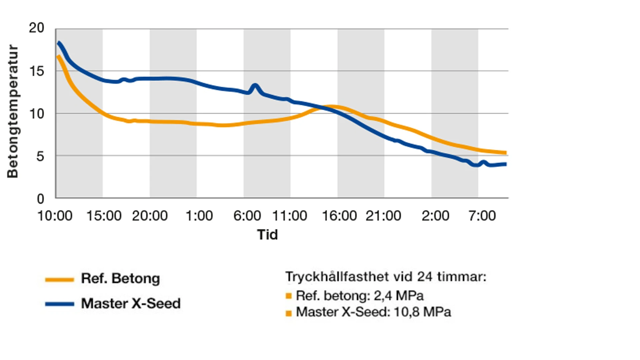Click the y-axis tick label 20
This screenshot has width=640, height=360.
click(x=36, y=28)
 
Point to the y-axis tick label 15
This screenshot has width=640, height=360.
click(x=36, y=71)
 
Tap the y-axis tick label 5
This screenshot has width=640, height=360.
click(x=40, y=156)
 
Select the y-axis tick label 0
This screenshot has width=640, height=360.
click(x=40, y=199)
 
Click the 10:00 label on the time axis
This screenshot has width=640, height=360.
click(x=55, y=216)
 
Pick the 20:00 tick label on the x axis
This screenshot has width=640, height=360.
click(x=150, y=216)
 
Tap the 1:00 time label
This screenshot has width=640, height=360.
click(x=199, y=216)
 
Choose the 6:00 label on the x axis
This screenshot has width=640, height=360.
click(x=247, y=216)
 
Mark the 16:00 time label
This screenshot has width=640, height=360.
click(x=339, y=216)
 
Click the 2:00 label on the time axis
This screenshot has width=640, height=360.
click(x=435, y=216)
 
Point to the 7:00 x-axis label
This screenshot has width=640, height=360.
click(x=482, y=216)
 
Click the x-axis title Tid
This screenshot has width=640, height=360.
click(x=267, y=235)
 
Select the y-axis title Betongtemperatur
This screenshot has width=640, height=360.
click(x=13, y=111)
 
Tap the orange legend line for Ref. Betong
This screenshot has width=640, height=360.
click(x=59, y=279)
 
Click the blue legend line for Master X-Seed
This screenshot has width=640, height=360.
click(x=59, y=304)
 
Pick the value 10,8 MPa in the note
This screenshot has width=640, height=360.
click(x=422, y=312)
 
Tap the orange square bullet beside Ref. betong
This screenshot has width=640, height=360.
click(x=289, y=296)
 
